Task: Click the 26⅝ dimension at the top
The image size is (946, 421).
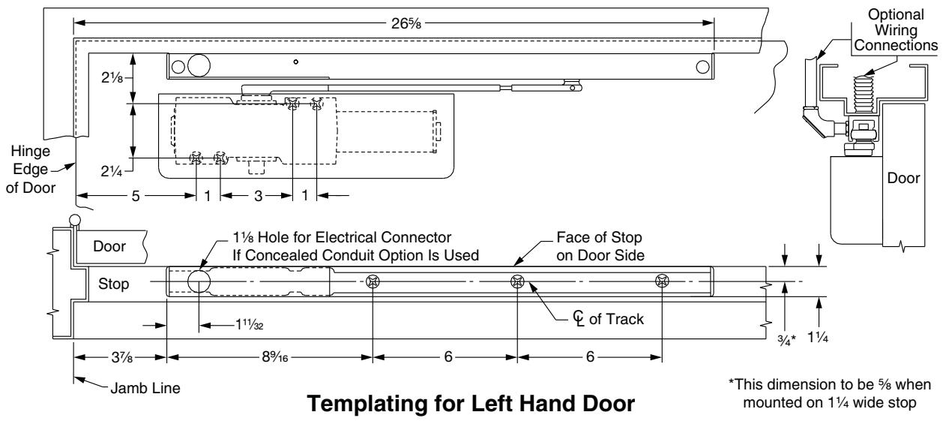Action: [x=406, y=23]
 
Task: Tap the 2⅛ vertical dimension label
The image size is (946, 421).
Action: [x=112, y=77]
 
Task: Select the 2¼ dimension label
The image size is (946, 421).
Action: [x=112, y=171]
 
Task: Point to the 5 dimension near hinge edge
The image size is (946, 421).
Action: [x=136, y=196]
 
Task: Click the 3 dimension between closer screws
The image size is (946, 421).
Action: [x=258, y=196]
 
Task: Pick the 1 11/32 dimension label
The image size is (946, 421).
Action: [x=250, y=325]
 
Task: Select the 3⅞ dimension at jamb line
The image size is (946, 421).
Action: [x=122, y=357]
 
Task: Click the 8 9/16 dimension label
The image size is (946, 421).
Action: [x=275, y=356]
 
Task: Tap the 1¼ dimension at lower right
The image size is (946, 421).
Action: [x=818, y=337]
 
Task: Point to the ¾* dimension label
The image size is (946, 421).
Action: [x=787, y=340]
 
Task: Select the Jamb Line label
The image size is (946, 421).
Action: [x=145, y=388]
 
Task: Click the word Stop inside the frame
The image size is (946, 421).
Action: [x=114, y=284]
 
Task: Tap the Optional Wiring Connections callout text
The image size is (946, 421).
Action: [x=895, y=30]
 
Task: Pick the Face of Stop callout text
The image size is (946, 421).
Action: [x=600, y=246]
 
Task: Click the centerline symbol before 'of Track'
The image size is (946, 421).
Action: [x=579, y=318]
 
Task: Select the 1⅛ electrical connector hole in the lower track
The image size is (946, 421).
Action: [x=199, y=281]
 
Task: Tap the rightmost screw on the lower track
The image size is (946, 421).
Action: [x=662, y=281]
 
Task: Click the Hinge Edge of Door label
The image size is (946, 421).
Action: [x=31, y=169]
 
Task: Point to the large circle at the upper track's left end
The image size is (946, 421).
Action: [x=199, y=65]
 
